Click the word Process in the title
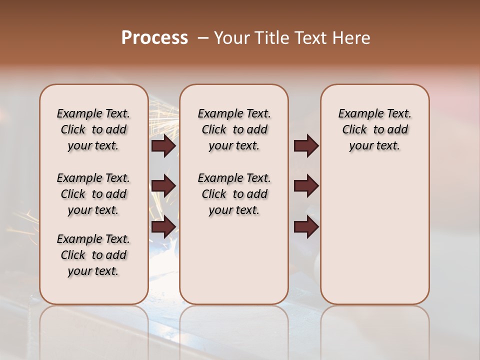tap(154, 37)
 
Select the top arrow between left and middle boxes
tap(163, 145)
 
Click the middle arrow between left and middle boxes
tap(163, 186)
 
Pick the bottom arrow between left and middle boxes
tap(163, 226)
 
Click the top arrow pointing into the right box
tap(306, 145)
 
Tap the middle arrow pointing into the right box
tap(306, 186)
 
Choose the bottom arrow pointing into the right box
tap(306, 226)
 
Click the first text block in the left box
tap(93, 129)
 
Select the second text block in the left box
tap(93, 194)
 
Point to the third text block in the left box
tap(93, 255)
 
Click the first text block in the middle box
tap(234, 129)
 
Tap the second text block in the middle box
tap(234, 194)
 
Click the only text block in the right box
tap(374, 129)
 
